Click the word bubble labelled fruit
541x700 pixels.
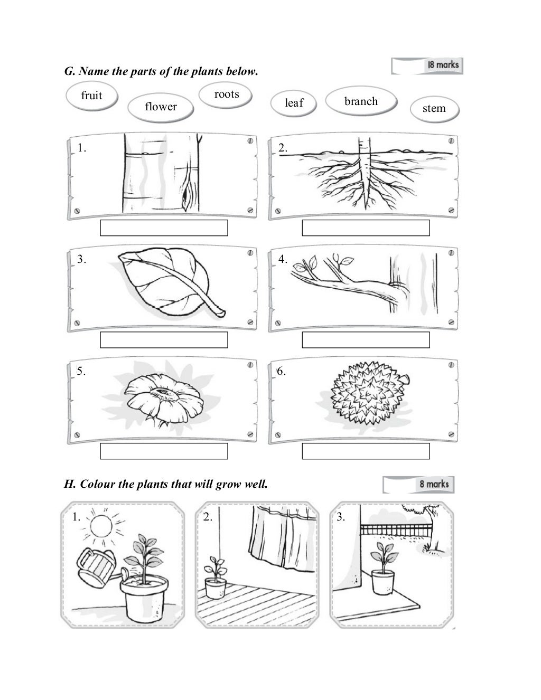(x=92, y=96)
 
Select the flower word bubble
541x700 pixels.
(x=161, y=107)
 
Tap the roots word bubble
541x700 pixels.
(x=226, y=94)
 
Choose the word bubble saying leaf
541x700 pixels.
(x=293, y=103)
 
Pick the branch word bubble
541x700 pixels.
(x=361, y=101)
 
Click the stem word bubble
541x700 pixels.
(x=434, y=109)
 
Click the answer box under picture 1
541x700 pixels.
(x=164, y=228)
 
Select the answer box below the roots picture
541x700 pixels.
(x=366, y=228)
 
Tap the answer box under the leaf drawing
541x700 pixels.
(x=164, y=340)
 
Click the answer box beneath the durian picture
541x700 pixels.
(x=366, y=451)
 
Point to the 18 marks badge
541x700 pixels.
(x=427, y=65)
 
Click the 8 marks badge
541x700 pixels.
(x=418, y=484)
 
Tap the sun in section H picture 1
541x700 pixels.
(x=101, y=526)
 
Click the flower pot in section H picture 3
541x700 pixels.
(x=383, y=582)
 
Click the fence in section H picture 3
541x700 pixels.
(x=396, y=529)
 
